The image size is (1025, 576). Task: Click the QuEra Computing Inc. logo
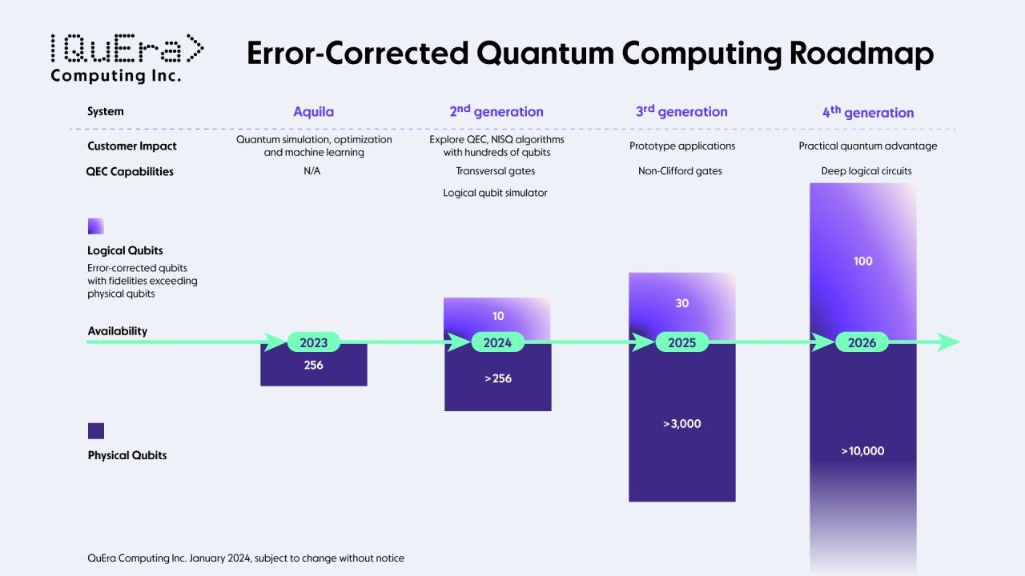point(127,58)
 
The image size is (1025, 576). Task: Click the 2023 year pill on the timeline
point(313,342)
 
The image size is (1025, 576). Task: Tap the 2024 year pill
point(497,342)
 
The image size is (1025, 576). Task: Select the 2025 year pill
point(681,342)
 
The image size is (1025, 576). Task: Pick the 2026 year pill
point(862,342)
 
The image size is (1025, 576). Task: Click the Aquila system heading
point(313,112)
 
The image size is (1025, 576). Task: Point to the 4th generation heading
point(867,112)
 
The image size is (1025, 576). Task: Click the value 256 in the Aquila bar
point(313,366)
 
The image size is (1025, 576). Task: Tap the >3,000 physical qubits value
point(681,424)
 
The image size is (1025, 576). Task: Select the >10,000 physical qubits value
point(862,451)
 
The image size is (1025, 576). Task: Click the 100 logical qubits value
point(862,261)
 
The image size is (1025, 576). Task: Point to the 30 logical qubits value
point(681,303)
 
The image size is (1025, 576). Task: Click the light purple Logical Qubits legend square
point(96,226)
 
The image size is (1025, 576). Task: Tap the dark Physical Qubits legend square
point(96,431)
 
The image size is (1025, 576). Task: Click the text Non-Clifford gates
point(680,171)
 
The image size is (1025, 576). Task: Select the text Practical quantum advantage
point(867,146)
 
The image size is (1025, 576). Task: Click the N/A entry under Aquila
point(312,171)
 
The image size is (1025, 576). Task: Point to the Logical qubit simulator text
point(495,193)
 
